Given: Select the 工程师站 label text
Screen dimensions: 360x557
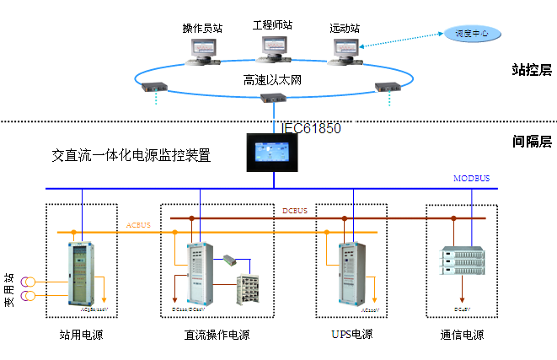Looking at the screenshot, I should (x=272, y=25).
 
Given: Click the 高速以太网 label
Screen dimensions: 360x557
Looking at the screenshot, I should (x=272, y=80).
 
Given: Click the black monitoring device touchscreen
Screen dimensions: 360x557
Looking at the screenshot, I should (x=274, y=153).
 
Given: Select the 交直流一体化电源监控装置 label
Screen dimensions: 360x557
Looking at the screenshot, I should (x=131, y=155).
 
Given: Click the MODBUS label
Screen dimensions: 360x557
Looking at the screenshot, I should (x=471, y=179).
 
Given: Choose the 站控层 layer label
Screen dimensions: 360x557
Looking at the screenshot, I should (x=531, y=70).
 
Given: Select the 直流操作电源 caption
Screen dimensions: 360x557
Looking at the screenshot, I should (x=217, y=335).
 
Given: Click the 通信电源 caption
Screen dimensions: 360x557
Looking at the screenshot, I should (x=462, y=335).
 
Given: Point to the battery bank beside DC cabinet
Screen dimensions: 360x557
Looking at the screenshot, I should (x=250, y=289).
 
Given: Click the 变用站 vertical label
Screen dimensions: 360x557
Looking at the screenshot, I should (x=11, y=287).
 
